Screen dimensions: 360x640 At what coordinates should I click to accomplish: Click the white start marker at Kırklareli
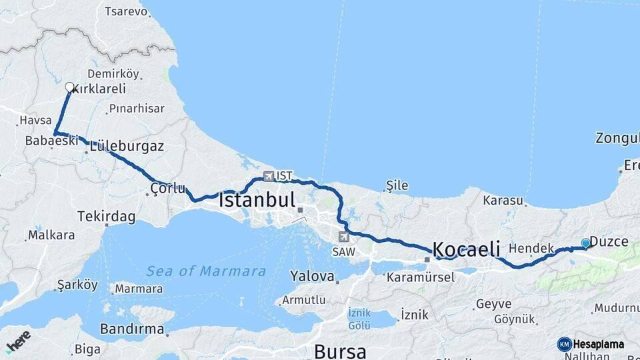(x=69, y=87)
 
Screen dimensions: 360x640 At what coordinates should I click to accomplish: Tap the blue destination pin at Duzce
(x=585, y=243)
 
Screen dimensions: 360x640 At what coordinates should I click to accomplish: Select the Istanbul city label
(x=257, y=199)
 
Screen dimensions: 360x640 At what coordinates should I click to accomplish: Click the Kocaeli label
(x=467, y=249)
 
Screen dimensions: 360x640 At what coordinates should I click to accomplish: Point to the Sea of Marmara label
(x=206, y=271)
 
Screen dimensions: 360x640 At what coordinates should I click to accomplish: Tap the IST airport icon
(x=269, y=177)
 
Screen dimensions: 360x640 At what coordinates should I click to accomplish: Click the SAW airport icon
(x=343, y=236)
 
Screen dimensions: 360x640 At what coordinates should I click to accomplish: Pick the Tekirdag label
(x=106, y=217)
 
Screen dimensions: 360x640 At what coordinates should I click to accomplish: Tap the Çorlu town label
(x=167, y=188)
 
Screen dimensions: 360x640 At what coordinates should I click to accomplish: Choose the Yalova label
(x=311, y=275)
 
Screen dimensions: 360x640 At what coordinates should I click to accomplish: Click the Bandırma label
(x=132, y=329)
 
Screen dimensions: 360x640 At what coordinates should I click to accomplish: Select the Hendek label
(x=531, y=248)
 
